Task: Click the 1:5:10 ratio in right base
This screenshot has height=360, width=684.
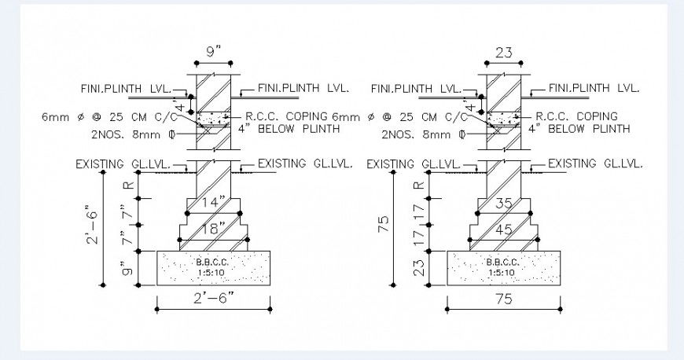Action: [501, 273]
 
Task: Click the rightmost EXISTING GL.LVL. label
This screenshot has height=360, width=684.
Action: [595, 163]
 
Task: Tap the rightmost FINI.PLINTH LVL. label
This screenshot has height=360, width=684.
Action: [594, 88]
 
